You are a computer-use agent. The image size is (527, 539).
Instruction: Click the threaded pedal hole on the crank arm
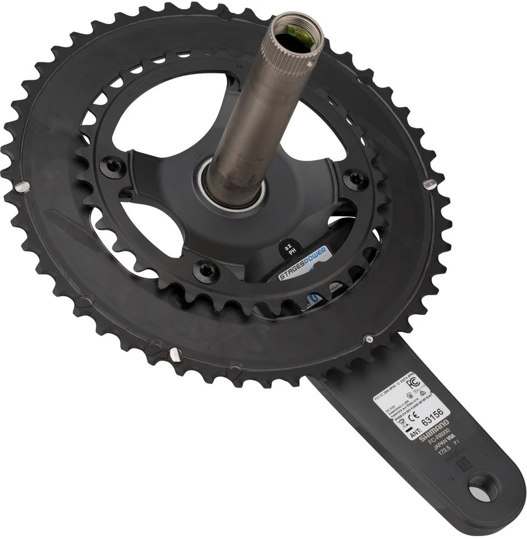click(483, 486)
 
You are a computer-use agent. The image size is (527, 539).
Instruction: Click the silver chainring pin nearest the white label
click(368, 339)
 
